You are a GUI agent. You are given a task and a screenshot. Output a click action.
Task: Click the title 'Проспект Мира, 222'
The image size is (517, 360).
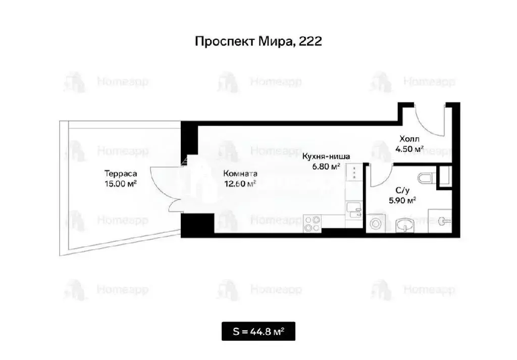[258, 41]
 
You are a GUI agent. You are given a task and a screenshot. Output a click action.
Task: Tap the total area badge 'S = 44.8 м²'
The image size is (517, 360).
[258, 332]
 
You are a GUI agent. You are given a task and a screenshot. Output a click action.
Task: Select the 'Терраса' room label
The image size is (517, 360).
[120, 173]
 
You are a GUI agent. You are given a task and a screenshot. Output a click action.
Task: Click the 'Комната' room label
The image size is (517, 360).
[240, 173]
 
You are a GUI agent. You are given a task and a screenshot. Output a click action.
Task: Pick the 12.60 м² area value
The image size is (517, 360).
[240, 183]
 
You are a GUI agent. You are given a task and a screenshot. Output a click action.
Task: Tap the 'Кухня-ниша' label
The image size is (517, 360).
[326, 156]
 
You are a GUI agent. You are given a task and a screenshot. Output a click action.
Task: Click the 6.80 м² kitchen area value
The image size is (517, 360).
[326, 166]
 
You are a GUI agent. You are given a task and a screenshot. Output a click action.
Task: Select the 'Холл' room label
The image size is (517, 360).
[409, 138]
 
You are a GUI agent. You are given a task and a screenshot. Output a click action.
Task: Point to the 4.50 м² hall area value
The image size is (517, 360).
[409, 148]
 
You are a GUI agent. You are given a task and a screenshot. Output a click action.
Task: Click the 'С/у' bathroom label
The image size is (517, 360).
[402, 190]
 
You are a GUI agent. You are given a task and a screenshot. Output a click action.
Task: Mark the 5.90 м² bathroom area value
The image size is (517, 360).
[402, 200]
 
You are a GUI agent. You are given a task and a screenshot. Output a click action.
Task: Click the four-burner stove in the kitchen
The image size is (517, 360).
[313, 224]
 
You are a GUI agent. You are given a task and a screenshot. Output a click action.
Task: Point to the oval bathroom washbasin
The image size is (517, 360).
[405, 225]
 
